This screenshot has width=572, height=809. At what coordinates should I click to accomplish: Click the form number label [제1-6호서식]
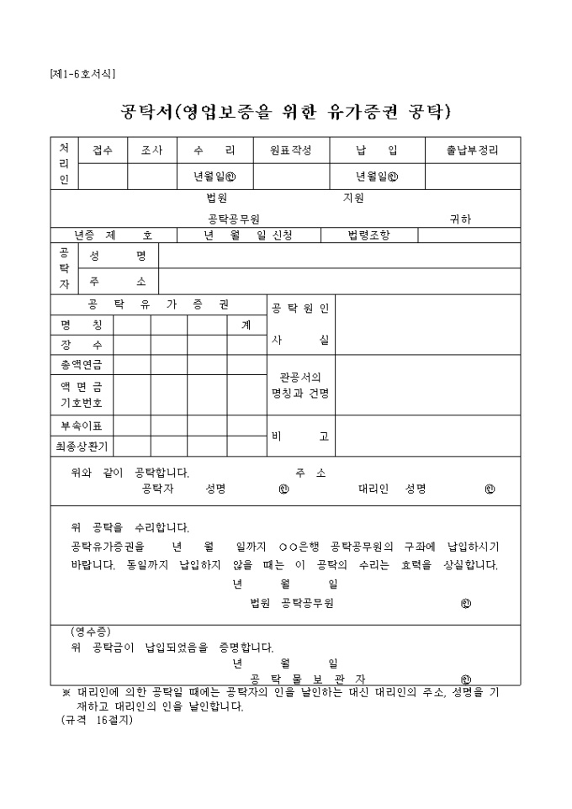82,74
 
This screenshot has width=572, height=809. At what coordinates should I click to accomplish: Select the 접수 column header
103,151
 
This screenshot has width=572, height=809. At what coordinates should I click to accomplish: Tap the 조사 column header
152,151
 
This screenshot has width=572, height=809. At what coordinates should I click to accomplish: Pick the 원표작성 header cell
290,151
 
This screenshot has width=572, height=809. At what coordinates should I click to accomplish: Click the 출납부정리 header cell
473,151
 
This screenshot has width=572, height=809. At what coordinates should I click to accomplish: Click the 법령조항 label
369,235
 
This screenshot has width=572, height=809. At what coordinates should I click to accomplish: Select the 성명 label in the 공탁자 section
118,256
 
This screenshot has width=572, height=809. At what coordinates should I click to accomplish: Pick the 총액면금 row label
82,365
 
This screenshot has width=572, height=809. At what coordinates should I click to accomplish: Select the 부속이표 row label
82,426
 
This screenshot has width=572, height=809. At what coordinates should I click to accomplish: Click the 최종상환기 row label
82,446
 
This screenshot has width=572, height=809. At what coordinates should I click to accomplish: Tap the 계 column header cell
246,324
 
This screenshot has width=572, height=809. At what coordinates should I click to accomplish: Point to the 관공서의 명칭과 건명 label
300,385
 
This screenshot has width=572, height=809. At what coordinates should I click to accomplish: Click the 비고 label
300,436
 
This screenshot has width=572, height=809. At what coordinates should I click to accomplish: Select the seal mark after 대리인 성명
490,489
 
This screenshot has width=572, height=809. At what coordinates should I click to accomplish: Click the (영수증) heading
91,632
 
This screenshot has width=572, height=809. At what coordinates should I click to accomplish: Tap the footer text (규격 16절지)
97,720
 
